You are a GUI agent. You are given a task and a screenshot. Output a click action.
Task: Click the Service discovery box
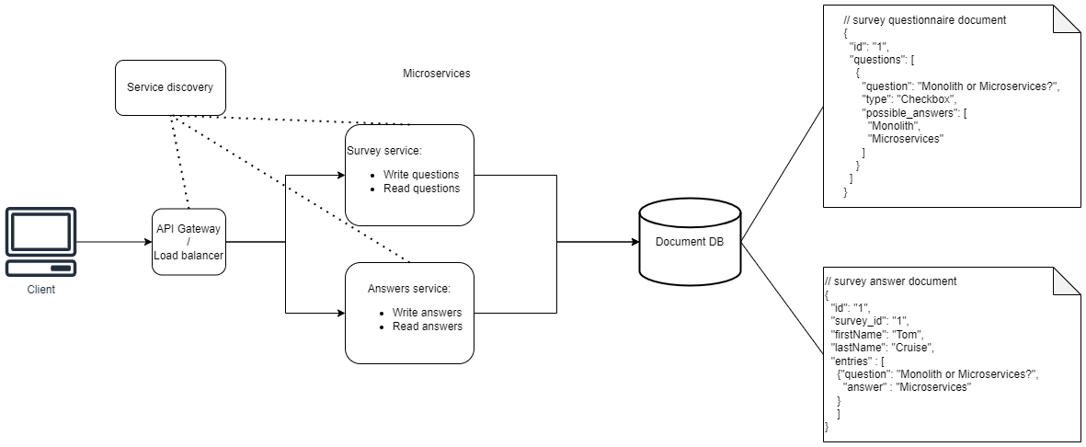pos(170,87)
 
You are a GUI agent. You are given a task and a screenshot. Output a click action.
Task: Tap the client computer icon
pos(41,241)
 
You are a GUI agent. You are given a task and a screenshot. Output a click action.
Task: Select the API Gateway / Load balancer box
pos(188,242)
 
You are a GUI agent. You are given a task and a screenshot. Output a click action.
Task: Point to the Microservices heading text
pos(437,74)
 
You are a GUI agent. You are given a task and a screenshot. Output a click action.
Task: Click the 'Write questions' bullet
pos(420,175)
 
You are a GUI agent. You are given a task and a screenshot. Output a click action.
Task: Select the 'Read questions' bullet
pos(420,189)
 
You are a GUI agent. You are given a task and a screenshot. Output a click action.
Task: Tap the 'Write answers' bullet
pos(427,313)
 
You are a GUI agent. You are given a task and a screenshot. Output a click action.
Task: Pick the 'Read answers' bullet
pos(427,327)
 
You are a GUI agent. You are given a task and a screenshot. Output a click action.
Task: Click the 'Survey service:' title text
pos(383,152)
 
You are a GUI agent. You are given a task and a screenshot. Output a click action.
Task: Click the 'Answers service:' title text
pos(408,289)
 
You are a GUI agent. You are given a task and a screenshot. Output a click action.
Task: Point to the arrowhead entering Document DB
pos(634,242)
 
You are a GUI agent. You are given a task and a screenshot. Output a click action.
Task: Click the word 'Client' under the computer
pos(41,290)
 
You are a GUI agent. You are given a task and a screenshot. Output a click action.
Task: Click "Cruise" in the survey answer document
pos(912,348)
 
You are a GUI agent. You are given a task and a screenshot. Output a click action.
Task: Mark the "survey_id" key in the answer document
pos(855,321)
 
